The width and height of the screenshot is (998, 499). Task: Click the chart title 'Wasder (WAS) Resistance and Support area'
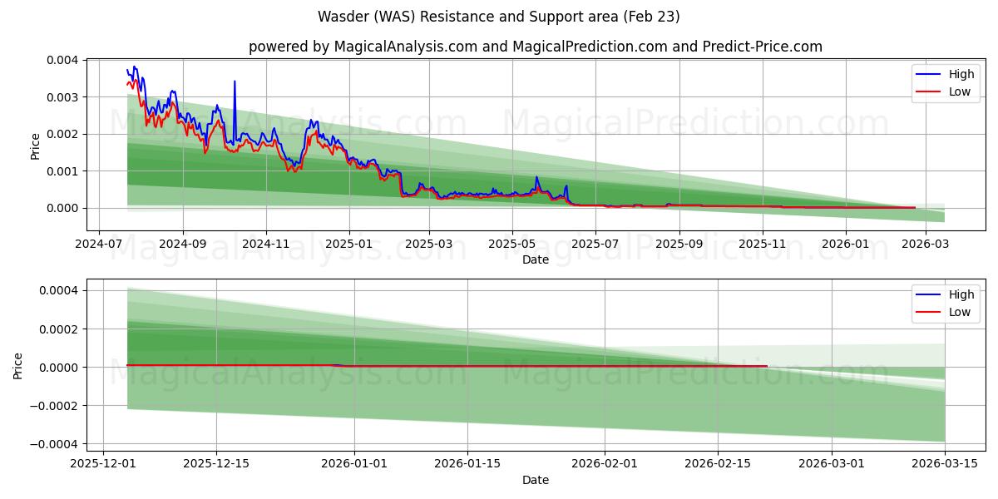(x=498, y=17)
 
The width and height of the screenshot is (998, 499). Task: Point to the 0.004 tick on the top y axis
(x=62, y=61)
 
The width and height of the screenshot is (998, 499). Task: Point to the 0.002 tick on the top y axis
(x=62, y=134)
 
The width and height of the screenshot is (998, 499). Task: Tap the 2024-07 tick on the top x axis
(x=99, y=245)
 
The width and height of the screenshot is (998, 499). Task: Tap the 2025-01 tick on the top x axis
(x=348, y=245)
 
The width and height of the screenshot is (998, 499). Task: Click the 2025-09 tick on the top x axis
(x=679, y=245)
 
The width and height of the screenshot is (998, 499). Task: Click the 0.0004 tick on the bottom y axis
(x=57, y=291)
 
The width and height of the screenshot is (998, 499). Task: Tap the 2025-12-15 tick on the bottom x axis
(x=216, y=465)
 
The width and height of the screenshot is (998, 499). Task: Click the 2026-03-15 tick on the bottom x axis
(x=945, y=465)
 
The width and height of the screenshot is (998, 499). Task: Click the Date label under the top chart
(x=535, y=259)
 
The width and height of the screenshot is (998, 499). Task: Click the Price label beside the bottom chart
(x=18, y=365)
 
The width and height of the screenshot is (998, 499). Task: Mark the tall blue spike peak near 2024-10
(x=235, y=82)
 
